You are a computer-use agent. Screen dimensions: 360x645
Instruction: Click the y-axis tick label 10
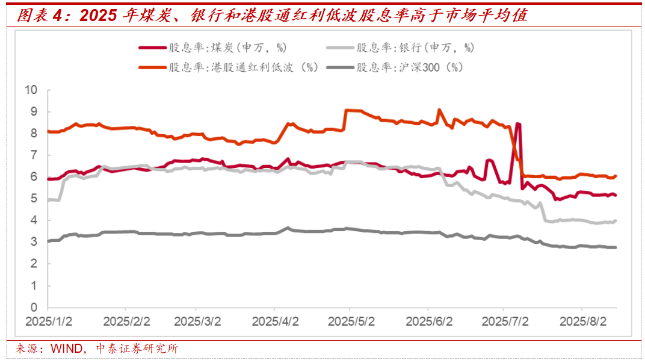(31, 90)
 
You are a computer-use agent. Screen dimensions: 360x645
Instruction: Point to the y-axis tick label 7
(34, 155)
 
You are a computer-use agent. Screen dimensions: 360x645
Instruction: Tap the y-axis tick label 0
(34, 307)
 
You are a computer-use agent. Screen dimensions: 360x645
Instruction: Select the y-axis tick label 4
(34, 220)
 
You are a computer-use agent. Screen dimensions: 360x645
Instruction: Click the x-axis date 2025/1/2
(49, 321)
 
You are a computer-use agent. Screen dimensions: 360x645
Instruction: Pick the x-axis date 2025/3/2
(199, 321)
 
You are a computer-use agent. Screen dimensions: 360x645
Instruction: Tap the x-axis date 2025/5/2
(351, 321)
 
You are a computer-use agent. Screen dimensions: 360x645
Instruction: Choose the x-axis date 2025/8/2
(582, 321)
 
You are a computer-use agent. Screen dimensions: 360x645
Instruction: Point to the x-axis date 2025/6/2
(428, 321)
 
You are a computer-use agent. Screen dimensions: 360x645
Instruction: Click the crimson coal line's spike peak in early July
(518, 124)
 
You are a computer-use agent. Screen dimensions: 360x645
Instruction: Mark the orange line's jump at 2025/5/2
(346, 111)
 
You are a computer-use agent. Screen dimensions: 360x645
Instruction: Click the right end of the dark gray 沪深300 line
(616, 247)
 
